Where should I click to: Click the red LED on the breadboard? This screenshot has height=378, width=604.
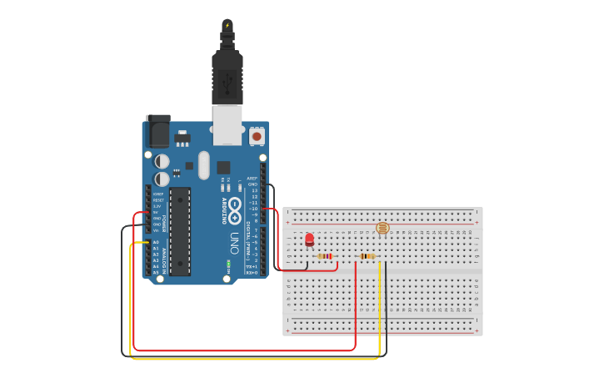coord(310,240)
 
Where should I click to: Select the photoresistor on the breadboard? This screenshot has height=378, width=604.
coord(382,227)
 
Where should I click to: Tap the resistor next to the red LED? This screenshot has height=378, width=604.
coord(325,256)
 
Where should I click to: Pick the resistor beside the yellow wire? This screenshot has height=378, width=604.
coord(367,256)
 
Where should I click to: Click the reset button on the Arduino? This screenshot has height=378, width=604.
coord(257,135)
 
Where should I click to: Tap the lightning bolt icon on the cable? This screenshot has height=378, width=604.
coord(227,24)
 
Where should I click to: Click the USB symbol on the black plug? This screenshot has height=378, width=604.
coord(227,82)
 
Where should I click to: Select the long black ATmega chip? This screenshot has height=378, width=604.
coord(180,231)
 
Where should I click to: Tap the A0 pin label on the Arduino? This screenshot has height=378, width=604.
coord(156,242)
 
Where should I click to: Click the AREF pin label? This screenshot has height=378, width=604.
coord(252,178)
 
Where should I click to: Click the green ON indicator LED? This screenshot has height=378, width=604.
coord(227,265)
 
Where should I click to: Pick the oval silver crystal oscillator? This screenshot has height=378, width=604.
coord(203,164)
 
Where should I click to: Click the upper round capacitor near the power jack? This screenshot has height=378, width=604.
coord(162,160)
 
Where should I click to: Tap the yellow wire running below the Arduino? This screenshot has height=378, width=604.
coord(250,359)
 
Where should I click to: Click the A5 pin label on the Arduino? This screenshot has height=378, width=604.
coord(156,273)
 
